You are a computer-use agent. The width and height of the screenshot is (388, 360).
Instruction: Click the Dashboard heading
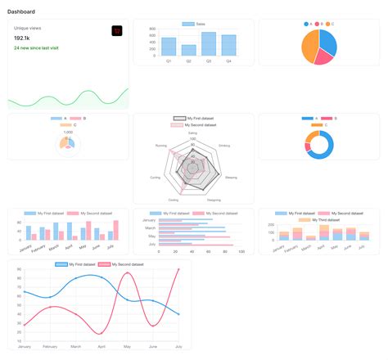coord(21,11)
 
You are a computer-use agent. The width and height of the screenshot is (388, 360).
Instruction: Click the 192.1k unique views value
coord(23,38)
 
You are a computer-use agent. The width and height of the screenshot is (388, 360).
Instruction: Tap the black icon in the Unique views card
coord(116,30)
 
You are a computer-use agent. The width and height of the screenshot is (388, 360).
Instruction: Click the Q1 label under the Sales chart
coord(169,61)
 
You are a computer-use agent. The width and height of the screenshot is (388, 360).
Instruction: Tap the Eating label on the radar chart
coord(192,133)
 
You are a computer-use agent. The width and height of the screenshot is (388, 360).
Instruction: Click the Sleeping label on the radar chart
coord(232,177)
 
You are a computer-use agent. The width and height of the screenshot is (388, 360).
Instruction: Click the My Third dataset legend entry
coord(318,219)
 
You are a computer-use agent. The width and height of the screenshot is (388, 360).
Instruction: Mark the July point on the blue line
coord(179,314)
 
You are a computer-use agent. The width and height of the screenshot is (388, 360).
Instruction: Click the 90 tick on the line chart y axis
coord(18,268)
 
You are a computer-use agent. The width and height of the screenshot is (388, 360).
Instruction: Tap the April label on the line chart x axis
coord(102,347)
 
